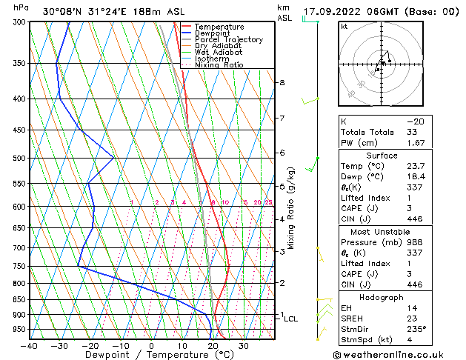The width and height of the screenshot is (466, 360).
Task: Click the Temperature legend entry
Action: (219, 27)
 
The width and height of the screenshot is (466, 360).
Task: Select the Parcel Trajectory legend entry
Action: (228, 39)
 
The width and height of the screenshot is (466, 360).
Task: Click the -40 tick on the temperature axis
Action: (30, 345)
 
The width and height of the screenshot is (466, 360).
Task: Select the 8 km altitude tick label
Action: (282, 82)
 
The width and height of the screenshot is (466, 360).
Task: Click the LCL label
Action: (290, 319)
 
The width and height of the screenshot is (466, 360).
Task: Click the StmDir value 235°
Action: (416, 329)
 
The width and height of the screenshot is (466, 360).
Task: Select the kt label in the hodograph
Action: (344, 27)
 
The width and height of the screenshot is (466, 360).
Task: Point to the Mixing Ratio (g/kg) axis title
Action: (291, 207)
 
